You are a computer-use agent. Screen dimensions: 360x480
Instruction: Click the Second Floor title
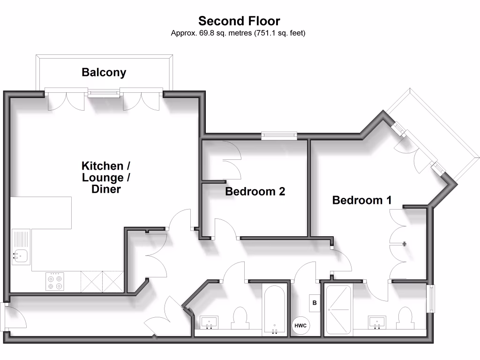pyautogui.click(x=239, y=21)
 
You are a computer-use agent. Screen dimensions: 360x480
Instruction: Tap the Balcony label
pyautogui.click(x=104, y=72)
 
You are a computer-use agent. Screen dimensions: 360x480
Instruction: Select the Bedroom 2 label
pyautogui.click(x=255, y=191)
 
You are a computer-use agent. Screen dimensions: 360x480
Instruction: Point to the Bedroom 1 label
pyautogui.click(x=362, y=200)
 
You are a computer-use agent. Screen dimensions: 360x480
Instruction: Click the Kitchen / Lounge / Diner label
pyautogui.click(x=106, y=177)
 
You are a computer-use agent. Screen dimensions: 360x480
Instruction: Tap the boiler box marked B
pyautogui.click(x=315, y=303)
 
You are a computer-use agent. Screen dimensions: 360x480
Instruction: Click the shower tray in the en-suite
pyautogui.click(x=338, y=309)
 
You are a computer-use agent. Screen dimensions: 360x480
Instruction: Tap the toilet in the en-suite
pyautogui.click(x=404, y=319)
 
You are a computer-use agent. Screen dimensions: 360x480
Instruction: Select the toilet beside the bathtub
pyautogui.click(x=240, y=318)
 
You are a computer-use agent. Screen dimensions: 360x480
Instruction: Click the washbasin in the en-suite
pyautogui.click(x=376, y=322)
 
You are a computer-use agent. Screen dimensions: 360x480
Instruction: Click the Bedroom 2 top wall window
pyautogui.click(x=279, y=136)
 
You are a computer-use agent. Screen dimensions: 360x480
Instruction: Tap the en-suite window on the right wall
pyautogui.click(x=430, y=299)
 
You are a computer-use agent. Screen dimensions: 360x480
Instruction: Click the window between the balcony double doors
pyautogui.click(x=104, y=93)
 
